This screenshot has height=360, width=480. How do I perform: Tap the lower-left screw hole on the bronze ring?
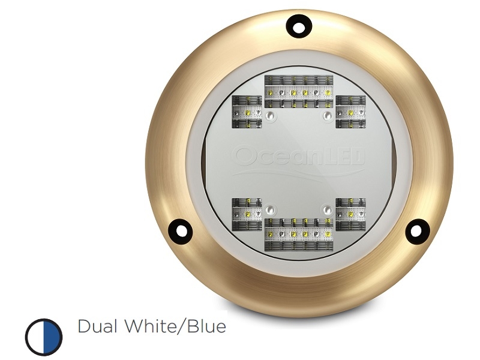point(179,230)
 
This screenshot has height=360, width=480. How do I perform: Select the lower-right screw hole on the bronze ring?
point(417,230)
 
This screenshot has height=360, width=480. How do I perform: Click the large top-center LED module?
point(299,92)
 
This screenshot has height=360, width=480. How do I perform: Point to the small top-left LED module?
point(247,112)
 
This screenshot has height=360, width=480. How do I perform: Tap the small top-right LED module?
point(350,112)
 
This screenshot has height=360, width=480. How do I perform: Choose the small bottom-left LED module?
point(247,214)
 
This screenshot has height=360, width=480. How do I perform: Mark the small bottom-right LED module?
point(350,214)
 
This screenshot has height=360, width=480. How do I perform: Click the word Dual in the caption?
point(98,327)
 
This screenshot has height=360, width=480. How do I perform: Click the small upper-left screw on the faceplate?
point(271,114)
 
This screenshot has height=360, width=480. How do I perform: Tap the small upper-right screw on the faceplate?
point(327,114)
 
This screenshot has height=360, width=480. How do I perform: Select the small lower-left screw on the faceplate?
point(271,210)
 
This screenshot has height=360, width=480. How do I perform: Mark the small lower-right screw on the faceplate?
point(327,210)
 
